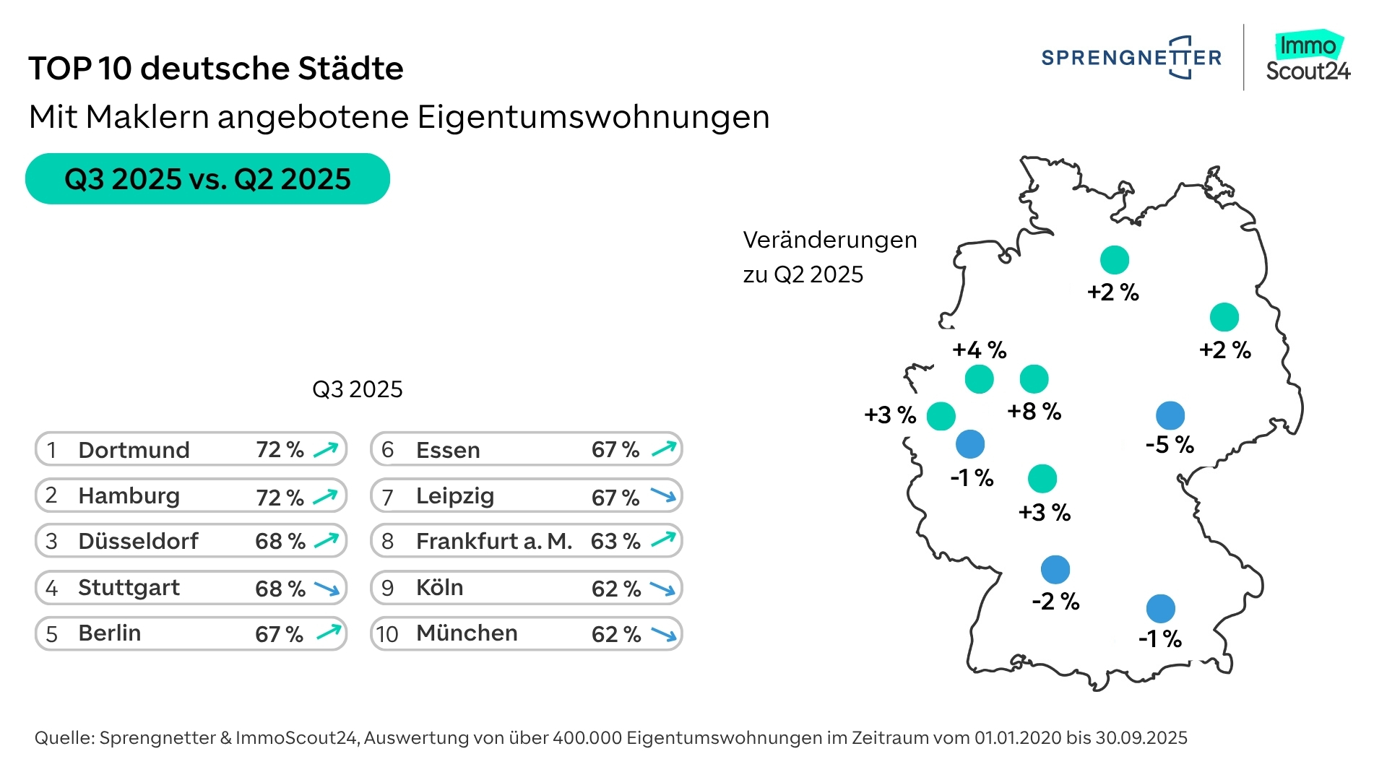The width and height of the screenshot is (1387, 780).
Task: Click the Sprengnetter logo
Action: click(1131, 58)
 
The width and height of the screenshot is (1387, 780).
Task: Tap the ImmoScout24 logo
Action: click(1308, 58)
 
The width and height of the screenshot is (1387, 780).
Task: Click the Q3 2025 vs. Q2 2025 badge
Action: click(207, 178)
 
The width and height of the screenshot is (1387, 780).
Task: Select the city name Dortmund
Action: click(134, 450)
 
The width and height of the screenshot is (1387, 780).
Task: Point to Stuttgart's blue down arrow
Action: click(327, 589)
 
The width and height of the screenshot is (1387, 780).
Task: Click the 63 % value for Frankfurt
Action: click(615, 542)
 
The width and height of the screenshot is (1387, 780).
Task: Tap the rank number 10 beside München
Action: click(387, 634)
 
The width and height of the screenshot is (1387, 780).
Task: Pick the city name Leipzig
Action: click(455, 496)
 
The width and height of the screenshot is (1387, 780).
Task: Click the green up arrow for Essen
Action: click(664, 449)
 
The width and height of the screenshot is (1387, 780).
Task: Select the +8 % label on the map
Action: click(1034, 412)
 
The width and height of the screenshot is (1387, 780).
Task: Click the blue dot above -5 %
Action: click(1170, 415)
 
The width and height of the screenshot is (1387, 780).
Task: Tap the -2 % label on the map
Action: click(1055, 602)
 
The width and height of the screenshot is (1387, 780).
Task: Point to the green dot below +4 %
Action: click(979, 378)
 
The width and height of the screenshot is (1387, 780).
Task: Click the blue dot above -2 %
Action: click(1055, 570)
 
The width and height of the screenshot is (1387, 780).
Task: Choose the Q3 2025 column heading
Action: click(357, 389)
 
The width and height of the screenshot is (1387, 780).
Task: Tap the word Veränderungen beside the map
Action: click(829, 240)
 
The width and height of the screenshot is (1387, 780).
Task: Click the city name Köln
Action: click(439, 588)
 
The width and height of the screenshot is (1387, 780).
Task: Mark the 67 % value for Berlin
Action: click(279, 634)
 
